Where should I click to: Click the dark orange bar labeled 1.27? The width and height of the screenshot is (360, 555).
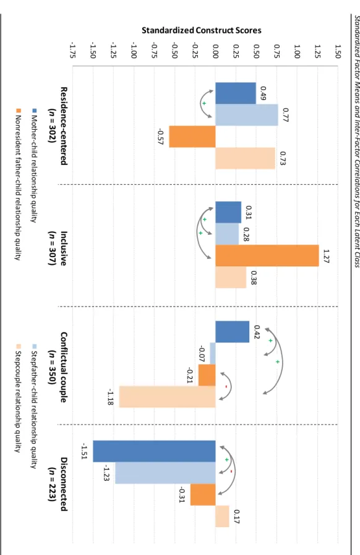pyautogui.click(x=267, y=255)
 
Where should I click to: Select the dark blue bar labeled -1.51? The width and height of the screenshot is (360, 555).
pyautogui.click(x=154, y=451)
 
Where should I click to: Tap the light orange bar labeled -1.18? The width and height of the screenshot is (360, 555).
pyautogui.click(x=167, y=397)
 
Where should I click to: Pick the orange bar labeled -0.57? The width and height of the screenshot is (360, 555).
pyautogui.click(x=192, y=137)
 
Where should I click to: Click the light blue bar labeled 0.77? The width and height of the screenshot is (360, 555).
pyautogui.click(x=247, y=115)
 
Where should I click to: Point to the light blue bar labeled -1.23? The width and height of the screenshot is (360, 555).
pyautogui.click(x=166, y=473)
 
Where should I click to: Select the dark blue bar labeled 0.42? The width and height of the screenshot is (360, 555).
pyautogui.click(x=233, y=332)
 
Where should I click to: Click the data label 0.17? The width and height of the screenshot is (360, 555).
pyautogui.click(x=237, y=517)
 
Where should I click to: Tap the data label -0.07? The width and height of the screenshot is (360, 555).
pyautogui.click(x=202, y=354)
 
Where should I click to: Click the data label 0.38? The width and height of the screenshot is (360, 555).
pyautogui.click(x=254, y=277)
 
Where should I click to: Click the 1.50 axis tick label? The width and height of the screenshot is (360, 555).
pyautogui.click(x=338, y=52)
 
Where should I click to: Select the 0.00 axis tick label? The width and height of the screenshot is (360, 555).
pyautogui.click(x=215, y=52)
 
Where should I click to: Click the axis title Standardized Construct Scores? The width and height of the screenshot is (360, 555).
pyautogui.click(x=202, y=30)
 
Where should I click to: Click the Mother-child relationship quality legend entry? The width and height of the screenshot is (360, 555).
pyautogui.click(x=34, y=166)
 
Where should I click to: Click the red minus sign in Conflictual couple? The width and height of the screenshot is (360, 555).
pyautogui.click(x=226, y=386)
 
